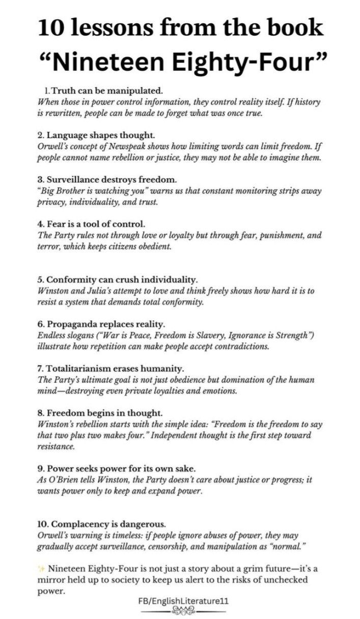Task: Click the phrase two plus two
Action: coord(79,436)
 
